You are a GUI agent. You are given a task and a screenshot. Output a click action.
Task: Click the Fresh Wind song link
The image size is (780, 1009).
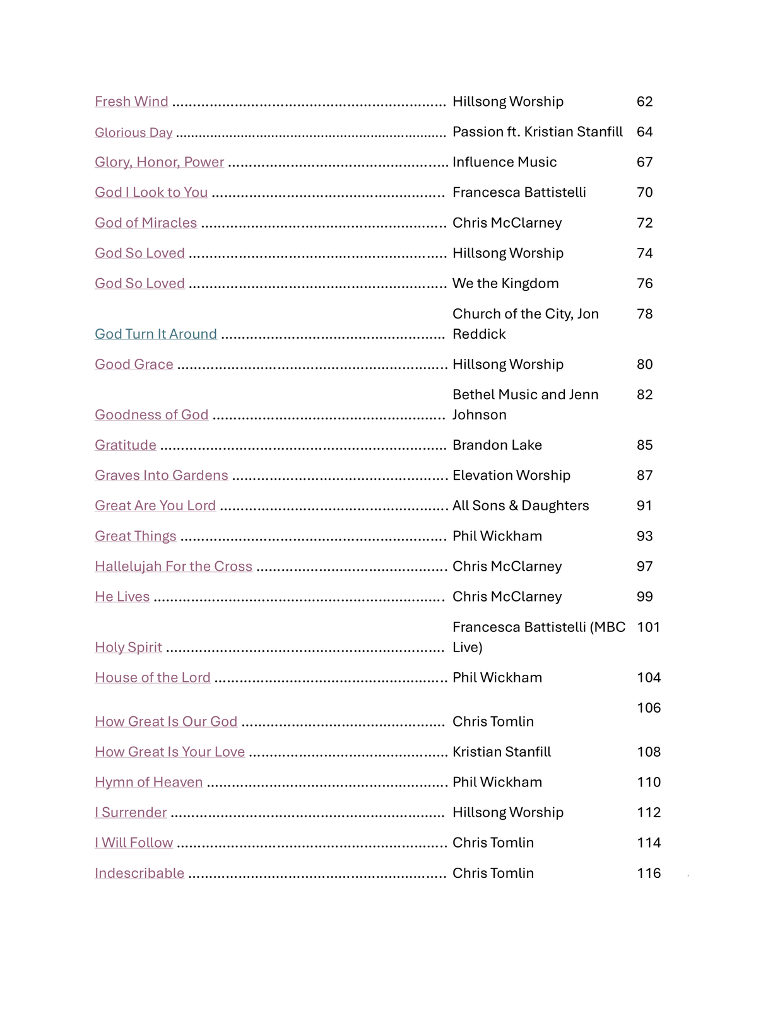click(x=131, y=102)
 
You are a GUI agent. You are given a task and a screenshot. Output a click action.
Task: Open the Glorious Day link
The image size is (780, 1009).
click(x=133, y=132)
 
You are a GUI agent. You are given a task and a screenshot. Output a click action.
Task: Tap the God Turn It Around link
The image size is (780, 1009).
click(x=156, y=334)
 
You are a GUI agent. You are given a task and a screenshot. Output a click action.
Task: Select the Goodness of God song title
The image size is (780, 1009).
click(x=151, y=415)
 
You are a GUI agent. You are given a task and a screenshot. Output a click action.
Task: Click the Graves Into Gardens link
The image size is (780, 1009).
click(x=162, y=475)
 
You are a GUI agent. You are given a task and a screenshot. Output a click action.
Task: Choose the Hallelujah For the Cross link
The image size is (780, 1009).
click(x=174, y=566)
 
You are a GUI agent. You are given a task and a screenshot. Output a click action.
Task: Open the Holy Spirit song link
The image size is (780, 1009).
click(x=128, y=647)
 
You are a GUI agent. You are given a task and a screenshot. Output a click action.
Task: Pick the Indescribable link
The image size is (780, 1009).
click(x=139, y=873)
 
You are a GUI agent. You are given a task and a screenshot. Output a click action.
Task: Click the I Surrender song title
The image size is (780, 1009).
click(x=131, y=812)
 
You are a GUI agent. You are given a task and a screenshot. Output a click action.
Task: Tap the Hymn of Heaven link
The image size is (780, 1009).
click(x=149, y=782)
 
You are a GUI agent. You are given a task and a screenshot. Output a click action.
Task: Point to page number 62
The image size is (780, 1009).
click(x=644, y=102)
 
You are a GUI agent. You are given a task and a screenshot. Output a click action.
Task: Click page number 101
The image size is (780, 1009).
click(x=648, y=627)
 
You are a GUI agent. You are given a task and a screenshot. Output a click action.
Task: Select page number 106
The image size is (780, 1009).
click(x=649, y=708)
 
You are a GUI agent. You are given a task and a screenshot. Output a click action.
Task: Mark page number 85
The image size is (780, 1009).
click(x=644, y=445)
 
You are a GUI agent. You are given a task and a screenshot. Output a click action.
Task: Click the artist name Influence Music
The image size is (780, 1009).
click(x=504, y=162)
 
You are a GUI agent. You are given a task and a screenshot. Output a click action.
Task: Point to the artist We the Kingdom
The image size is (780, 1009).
click(x=505, y=284)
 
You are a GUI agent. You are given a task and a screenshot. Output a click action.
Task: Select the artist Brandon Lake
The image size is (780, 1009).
click(x=497, y=445)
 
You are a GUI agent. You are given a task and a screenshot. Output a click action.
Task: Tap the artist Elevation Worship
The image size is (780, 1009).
click(x=511, y=475)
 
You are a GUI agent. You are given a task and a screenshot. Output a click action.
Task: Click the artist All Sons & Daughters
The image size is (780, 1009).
click(x=521, y=506)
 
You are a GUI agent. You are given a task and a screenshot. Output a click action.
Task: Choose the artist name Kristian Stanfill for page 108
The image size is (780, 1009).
click(x=502, y=752)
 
